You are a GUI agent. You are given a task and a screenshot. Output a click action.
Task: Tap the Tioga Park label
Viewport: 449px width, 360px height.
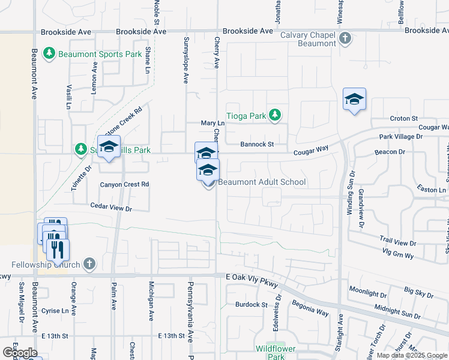click(x=247, y=115)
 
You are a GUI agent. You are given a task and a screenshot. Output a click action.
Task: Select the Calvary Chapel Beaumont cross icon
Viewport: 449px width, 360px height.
click(x=345, y=39)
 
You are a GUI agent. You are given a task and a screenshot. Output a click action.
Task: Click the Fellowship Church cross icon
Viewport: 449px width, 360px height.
click(x=89, y=263)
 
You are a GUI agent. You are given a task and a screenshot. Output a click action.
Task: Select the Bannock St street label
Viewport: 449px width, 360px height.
click(x=257, y=144)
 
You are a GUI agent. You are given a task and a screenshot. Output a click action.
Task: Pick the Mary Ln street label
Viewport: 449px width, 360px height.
click(x=212, y=123)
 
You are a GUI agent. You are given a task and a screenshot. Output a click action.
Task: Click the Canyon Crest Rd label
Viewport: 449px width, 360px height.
click(x=124, y=184)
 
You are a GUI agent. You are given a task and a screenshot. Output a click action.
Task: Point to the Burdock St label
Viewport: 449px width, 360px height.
click(x=251, y=305)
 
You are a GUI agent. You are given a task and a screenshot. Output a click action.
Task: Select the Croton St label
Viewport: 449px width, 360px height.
click(x=403, y=119)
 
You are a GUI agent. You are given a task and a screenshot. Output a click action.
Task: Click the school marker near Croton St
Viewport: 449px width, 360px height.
click(x=354, y=100)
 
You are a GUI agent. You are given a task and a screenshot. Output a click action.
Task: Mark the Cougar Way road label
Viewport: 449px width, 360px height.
click(x=311, y=152)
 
